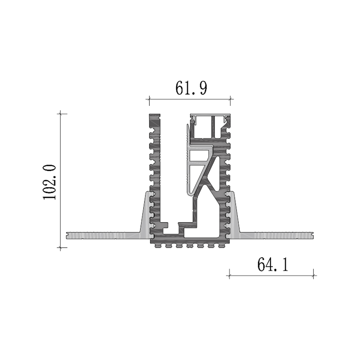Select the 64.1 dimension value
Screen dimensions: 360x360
[x=272, y=265]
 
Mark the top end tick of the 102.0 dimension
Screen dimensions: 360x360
[x=61, y=114]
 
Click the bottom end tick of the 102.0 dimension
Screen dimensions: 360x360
[x=61, y=247]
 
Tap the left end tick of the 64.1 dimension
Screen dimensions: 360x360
[x=229, y=274]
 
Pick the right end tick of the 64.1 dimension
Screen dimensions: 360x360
[x=313, y=274]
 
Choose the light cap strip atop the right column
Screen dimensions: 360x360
[x=211, y=115]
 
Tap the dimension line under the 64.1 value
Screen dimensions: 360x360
[x=271, y=274]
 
